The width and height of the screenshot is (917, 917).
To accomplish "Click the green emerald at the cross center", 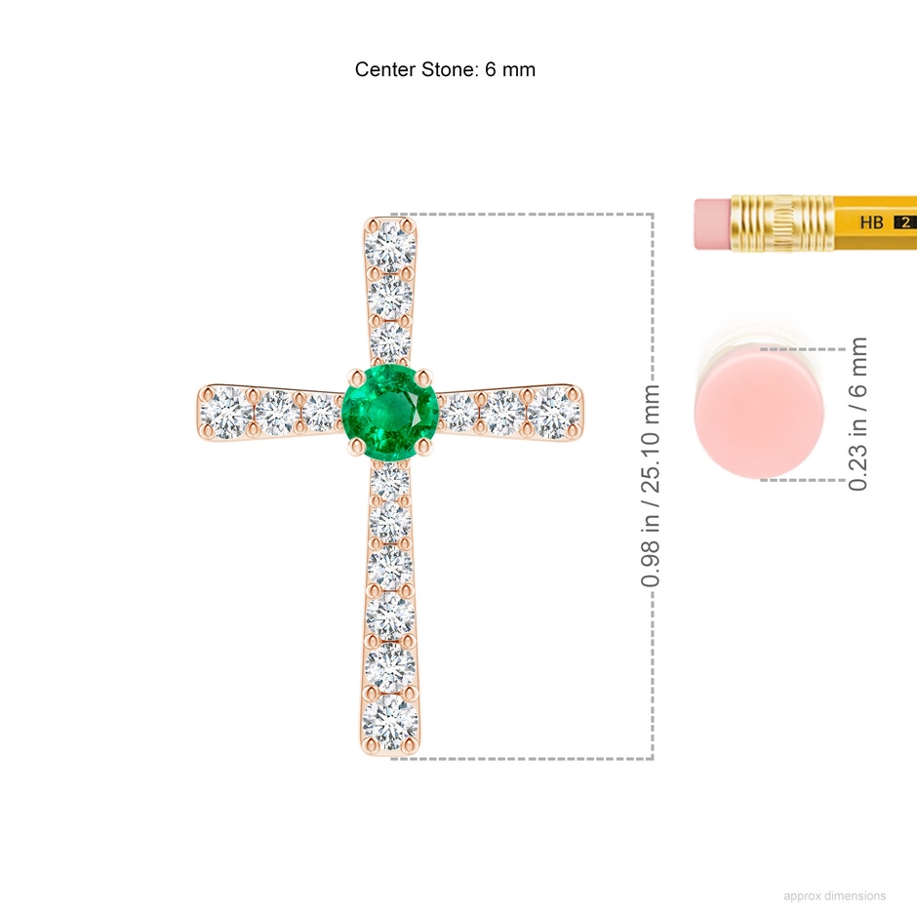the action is pyautogui.click(x=390, y=413).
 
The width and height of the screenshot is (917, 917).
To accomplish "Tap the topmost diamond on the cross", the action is pyautogui.click(x=390, y=246).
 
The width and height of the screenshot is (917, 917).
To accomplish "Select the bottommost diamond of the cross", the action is pyautogui.click(x=390, y=722).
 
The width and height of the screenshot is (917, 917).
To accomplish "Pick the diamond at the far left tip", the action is pyautogui.click(x=226, y=414).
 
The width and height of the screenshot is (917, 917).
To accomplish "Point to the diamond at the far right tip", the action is pyautogui.click(x=553, y=413).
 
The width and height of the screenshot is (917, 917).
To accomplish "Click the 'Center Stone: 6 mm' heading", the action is pyautogui.click(x=445, y=69).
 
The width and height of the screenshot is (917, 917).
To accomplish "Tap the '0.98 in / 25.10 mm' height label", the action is pyautogui.click(x=651, y=486).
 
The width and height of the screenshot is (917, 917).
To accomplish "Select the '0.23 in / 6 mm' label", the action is pyautogui.click(x=857, y=414).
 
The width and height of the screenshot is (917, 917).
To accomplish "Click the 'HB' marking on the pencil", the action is pyautogui.click(x=871, y=222).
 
